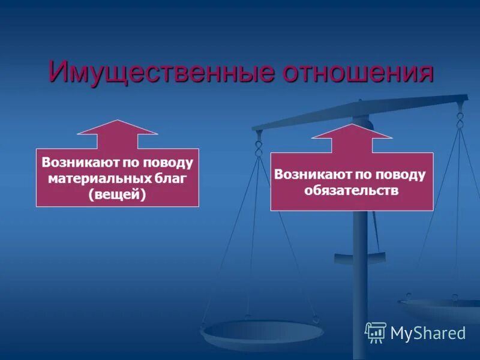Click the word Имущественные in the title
click(x=154, y=73)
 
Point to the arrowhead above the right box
click(x=352, y=131)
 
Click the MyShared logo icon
click(x=376, y=332)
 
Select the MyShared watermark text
click(x=428, y=333)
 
